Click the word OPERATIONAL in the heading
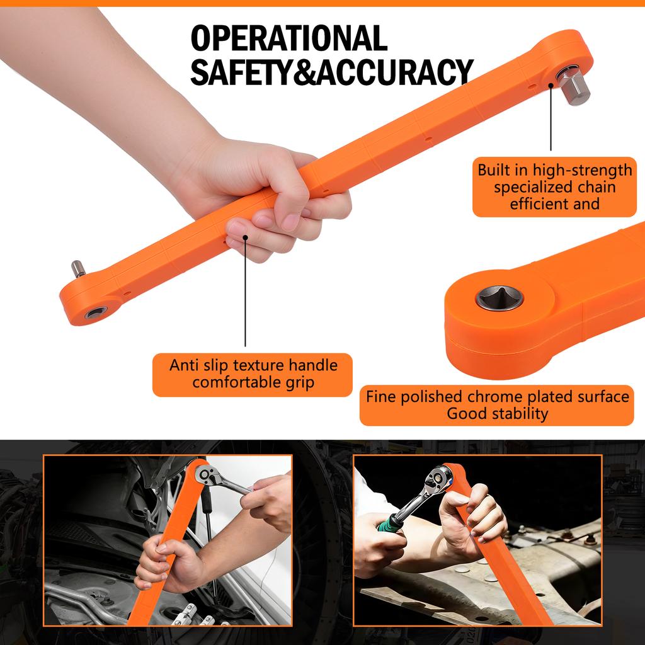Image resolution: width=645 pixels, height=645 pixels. tap(288, 38)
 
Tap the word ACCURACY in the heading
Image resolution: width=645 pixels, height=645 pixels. tap(395, 72)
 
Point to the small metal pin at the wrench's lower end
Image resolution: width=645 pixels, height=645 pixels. tap(78, 269)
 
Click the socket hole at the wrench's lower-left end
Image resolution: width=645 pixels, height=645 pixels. tap(96, 312)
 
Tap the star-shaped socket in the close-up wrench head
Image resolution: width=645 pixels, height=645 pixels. tap(499, 298)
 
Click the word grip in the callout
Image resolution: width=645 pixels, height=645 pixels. tap(300, 383)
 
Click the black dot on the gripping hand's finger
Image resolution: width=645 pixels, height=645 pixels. tap(245, 237)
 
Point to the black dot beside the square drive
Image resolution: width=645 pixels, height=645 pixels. tap(551, 85)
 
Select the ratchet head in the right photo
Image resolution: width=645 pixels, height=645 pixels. tap(438, 479)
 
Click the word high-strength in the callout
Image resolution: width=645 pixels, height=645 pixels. tap(583, 170)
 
